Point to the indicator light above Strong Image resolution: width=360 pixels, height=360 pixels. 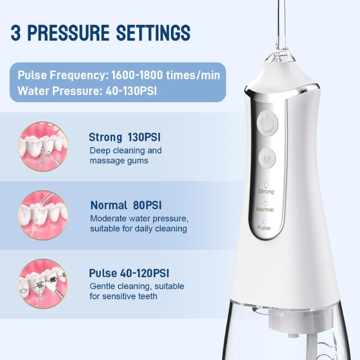266,185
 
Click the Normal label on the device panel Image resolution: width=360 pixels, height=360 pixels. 265,210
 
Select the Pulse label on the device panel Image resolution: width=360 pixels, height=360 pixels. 264,228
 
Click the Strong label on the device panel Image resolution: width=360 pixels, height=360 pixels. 266,192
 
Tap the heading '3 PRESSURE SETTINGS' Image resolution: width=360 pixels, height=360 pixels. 100,33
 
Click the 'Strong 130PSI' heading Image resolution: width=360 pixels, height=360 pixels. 125,137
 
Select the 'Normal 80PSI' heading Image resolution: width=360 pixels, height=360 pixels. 126,206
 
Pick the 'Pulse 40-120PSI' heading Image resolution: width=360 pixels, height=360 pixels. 129,273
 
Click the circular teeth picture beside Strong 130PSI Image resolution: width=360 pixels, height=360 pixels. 43,146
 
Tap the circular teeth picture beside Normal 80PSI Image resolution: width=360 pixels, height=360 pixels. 43,215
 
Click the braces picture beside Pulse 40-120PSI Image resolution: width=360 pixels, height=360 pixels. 43,283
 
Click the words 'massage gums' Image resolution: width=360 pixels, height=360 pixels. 119,161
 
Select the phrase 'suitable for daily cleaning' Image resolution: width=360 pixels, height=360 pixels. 138,229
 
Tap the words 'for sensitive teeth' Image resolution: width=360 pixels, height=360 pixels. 123,296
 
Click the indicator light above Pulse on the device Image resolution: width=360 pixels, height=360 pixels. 264,222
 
